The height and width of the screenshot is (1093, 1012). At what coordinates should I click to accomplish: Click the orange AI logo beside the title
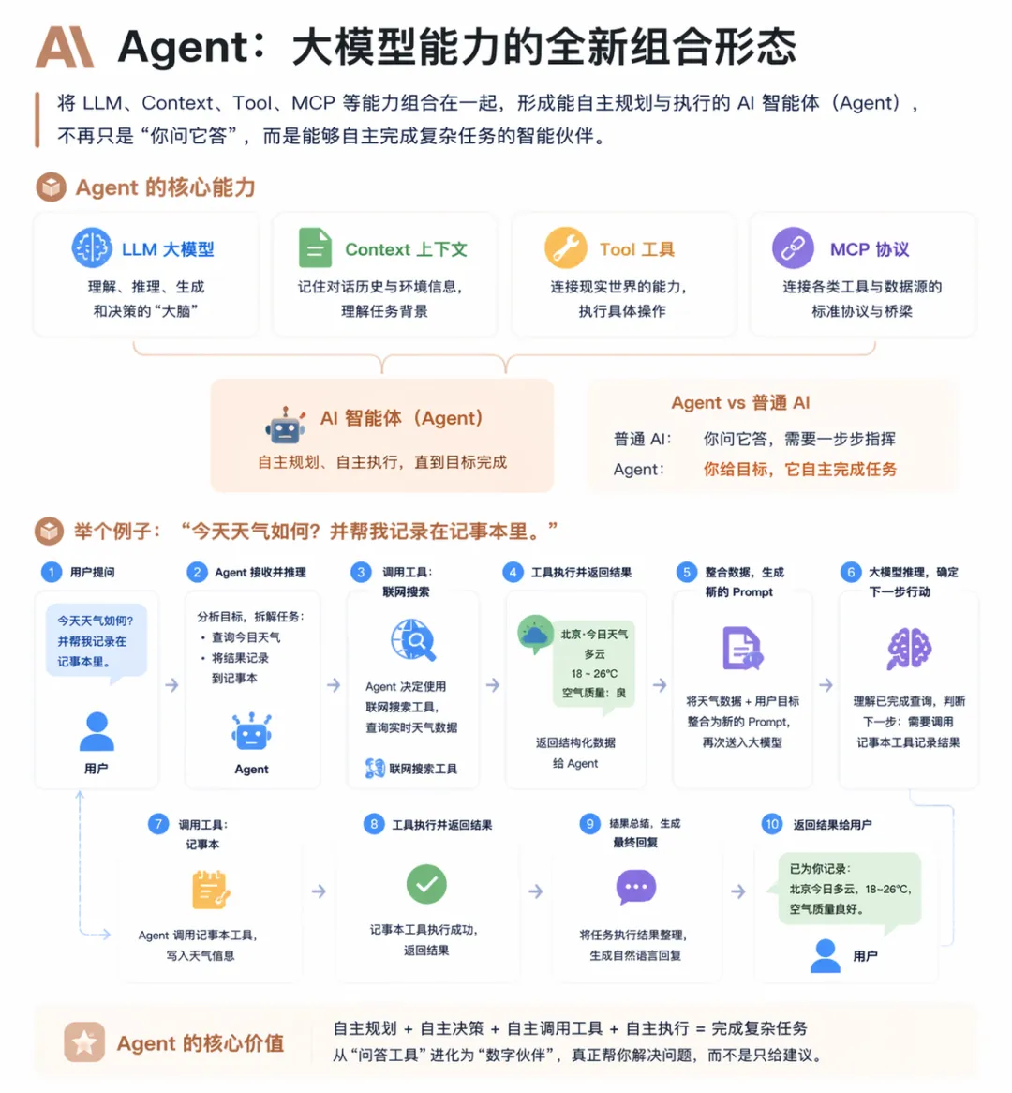pos(65,47)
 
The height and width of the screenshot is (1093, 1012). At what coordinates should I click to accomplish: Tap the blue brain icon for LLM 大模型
pos(92,248)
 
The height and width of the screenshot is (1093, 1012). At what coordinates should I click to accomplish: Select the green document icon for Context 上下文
pos(315,248)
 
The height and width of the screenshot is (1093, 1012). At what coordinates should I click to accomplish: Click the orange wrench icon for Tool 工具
pos(565,248)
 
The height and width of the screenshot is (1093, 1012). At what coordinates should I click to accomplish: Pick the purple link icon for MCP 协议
pos(793,248)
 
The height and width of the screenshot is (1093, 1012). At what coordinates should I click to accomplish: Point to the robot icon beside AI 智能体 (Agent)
pos(285,427)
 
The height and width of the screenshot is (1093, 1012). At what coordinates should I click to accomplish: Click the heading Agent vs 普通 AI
pos(740,403)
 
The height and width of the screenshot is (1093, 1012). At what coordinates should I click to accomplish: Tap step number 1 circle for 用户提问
pos(52,572)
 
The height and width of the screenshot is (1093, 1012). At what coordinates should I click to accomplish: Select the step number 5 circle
pos(687,572)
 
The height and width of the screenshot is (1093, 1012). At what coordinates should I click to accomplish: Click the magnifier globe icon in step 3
pos(413,640)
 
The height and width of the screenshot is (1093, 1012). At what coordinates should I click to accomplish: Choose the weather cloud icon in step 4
pos(535,635)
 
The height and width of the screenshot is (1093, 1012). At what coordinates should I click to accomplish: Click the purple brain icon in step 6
pos(908,649)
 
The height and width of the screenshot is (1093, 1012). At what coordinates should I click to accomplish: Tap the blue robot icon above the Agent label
pos(251,731)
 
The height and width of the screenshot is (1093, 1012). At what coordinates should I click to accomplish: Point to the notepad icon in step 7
pos(210,890)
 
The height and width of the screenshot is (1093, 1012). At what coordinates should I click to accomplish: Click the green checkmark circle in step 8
pos(426,884)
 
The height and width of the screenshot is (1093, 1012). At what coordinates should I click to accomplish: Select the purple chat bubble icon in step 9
pos(635,887)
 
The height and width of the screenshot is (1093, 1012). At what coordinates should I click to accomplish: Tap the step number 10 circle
pos(771,824)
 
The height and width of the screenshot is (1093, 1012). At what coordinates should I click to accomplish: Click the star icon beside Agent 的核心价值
pos(84,1042)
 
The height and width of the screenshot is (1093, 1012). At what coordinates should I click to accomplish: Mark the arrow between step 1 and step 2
pos(171,685)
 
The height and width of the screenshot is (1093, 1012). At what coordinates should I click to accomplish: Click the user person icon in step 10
pos(825,955)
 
